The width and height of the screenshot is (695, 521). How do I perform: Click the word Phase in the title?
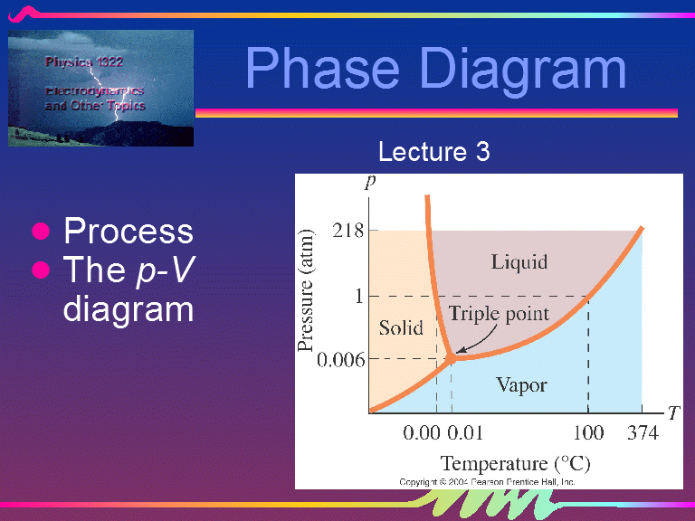pyautogui.click(x=319, y=68)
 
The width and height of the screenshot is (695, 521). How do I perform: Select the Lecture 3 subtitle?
pyautogui.click(x=433, y=151)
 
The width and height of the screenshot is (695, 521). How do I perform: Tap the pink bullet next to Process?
pyautogui.click(x=40, y=232)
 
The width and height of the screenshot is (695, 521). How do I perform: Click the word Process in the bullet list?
pyautogui.click(x=128, y=232)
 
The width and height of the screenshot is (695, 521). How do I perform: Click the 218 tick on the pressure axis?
pyautogui.click(x=347, y=231)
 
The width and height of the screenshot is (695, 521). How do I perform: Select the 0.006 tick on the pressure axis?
pyautogui.click(x=340, y=359)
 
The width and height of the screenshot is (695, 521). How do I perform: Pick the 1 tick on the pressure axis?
pyautogui.click(x=358, y=296)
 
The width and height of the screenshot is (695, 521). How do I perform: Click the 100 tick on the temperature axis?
pyautogui.click(x=588, y=433)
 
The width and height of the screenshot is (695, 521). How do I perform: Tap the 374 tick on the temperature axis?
pyautogui.click(x=643, y=433)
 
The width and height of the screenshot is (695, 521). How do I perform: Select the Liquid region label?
pyautogui.click(x=519, y=262)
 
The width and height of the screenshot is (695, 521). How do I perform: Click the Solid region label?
pyautogui.click(x=400, y=327)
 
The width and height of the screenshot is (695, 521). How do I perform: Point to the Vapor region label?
pyautogui.click(x=521, y=385)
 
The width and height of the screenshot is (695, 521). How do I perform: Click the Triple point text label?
pyautogui.click(x=499, y=314)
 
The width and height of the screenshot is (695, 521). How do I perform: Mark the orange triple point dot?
pyautogui.click(x=450, y=359)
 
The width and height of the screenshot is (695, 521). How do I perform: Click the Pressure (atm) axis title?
pyautogui.click(x=308, y=289)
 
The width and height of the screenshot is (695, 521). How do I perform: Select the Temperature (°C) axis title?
pyautogui.click(x=515, y=464)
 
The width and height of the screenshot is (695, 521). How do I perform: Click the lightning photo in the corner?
pyautogui.click(x=101, y=88)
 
